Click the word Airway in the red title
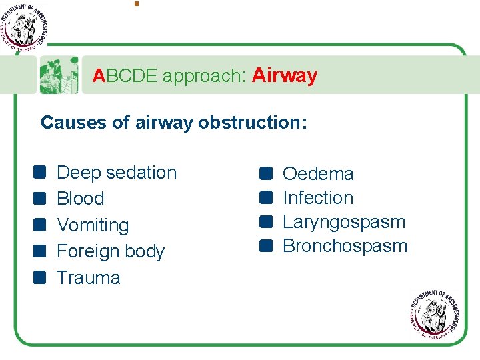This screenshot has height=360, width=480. (285, 76)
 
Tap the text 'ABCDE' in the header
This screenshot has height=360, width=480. (125, 77)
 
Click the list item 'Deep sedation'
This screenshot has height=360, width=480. (117, 173)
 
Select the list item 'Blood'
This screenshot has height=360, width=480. (81, 199)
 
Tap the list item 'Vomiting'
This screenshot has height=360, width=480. (93, 225)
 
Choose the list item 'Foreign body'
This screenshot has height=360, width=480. (111, 251)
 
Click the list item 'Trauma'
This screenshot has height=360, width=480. (89, 278)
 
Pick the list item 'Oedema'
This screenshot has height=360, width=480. (318, 174)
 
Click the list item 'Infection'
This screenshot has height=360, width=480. (318, 198)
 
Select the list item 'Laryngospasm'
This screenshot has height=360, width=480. (344, 222)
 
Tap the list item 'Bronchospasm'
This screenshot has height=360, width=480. (345, 246)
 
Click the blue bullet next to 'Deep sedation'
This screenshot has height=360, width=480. (41, 173)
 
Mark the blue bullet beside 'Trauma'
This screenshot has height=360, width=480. (41, 277)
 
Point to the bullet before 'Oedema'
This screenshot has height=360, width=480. (267, 173)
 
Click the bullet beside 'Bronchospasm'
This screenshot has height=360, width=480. (267, 246)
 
